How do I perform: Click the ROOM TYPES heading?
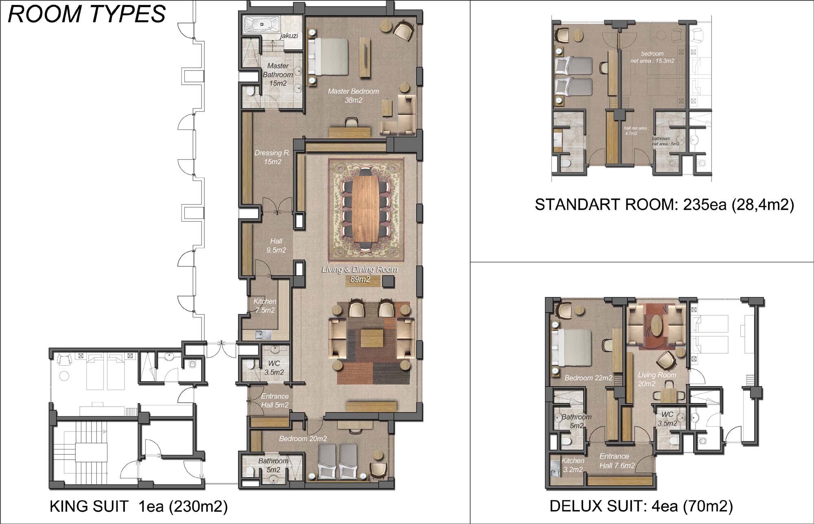point(87,13)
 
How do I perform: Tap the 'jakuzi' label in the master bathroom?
point(289,36)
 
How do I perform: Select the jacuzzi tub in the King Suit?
point(261,24)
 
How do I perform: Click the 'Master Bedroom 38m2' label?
point(353,96)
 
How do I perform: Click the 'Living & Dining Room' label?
point(360,269)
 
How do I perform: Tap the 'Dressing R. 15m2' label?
point(272,157)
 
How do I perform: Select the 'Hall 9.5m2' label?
point(276,246)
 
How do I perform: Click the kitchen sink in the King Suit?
point(263,335)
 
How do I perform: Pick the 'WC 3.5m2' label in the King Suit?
point(274,368)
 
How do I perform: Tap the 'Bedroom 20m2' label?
point(303,439)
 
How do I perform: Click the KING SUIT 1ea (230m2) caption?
point(138,506)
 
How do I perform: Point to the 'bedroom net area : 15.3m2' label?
point(652,57)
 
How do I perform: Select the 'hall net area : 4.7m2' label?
point(636,130)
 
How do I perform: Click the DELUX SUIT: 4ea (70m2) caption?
point(641,506)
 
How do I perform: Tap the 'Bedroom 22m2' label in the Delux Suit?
point(588,378)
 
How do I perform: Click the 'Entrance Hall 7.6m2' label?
point(617,461)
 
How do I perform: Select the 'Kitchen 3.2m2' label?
point(573,465)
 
